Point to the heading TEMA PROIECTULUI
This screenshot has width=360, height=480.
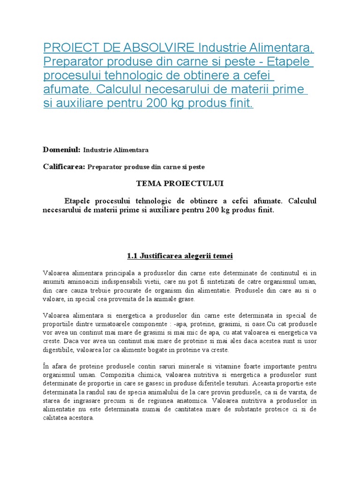pyautogui.click(x=180, y=184)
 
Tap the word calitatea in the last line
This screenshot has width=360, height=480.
pyautogui.click(x=56, y=418)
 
